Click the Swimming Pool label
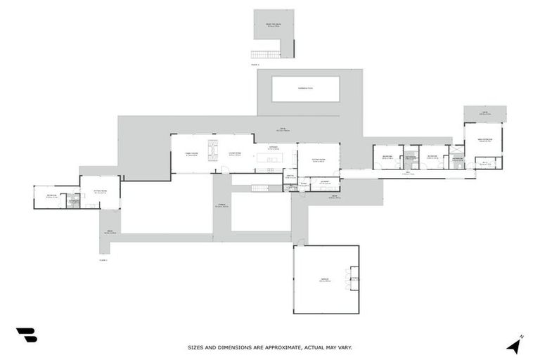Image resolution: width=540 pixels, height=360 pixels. pos(305,88)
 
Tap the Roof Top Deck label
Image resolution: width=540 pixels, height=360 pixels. pos(274,25)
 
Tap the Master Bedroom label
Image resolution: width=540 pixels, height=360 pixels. pos(484,140)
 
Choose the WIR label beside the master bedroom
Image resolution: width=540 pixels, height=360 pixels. pos(485,164)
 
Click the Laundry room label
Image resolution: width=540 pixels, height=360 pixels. pos(325,182)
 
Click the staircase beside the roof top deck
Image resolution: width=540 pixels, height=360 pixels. pos(266,54)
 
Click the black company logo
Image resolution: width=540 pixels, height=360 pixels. pos(26,335)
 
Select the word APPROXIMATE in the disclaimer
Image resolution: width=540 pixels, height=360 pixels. pos(272,347)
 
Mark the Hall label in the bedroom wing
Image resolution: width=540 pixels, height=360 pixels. pos(406,173)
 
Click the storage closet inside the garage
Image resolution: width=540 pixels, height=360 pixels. pos(354,278)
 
